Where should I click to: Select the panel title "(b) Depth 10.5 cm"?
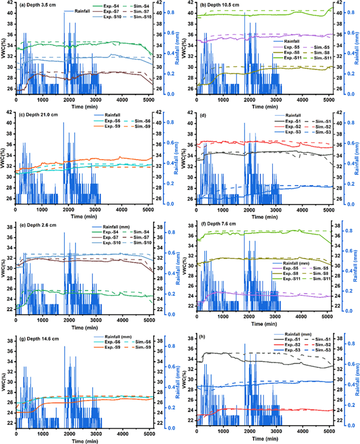pyautogui.click(x=220, y=6)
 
